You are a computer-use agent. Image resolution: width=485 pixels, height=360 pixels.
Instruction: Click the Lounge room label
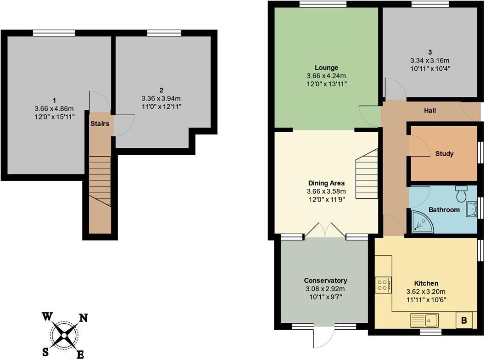click(326, 67)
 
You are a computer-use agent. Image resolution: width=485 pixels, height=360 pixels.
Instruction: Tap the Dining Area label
click(326, 183)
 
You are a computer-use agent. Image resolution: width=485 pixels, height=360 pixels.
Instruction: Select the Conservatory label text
click(325, 281)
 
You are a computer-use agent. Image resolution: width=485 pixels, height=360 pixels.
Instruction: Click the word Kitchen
click(426, 283)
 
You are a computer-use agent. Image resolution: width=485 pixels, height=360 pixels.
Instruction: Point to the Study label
click(444, 154)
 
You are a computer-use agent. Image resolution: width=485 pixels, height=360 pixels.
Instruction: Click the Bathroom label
click(444, 210)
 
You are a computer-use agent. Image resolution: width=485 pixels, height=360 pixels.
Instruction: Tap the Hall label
click(430, 111)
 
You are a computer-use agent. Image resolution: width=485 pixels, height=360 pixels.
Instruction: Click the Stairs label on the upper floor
click(99, 124)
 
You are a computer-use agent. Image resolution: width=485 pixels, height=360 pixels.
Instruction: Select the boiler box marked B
click(463, 321)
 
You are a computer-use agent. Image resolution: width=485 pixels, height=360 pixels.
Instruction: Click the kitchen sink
click(424, 319)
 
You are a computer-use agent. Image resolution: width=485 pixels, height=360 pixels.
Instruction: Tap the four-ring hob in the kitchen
click(383, 285)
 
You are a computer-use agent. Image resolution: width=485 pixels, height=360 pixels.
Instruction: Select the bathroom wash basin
click(471, 210)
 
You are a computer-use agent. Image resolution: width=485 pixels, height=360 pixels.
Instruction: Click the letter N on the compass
click(84, 318)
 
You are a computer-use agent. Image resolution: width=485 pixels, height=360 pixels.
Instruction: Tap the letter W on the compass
click(47, 316)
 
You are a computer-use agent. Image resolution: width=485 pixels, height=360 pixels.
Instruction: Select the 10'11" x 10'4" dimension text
click(430, 68)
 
